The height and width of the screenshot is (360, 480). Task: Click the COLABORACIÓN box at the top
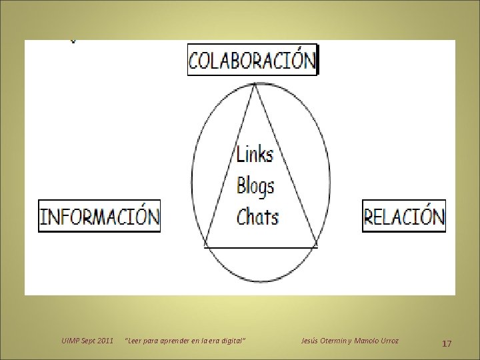[253, 61]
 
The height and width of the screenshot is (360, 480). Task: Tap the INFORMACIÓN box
[100, 216]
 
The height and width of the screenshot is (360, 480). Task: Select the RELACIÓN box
[404, 216]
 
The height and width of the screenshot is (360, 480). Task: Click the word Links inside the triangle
[255, 154]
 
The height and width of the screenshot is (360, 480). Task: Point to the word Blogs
[255, 185]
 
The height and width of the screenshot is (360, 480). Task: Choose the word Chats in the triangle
[257, 216]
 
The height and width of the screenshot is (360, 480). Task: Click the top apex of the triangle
[254, 84]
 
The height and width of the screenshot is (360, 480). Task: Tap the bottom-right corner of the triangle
[317, 247]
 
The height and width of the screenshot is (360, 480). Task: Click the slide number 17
[447, 343]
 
